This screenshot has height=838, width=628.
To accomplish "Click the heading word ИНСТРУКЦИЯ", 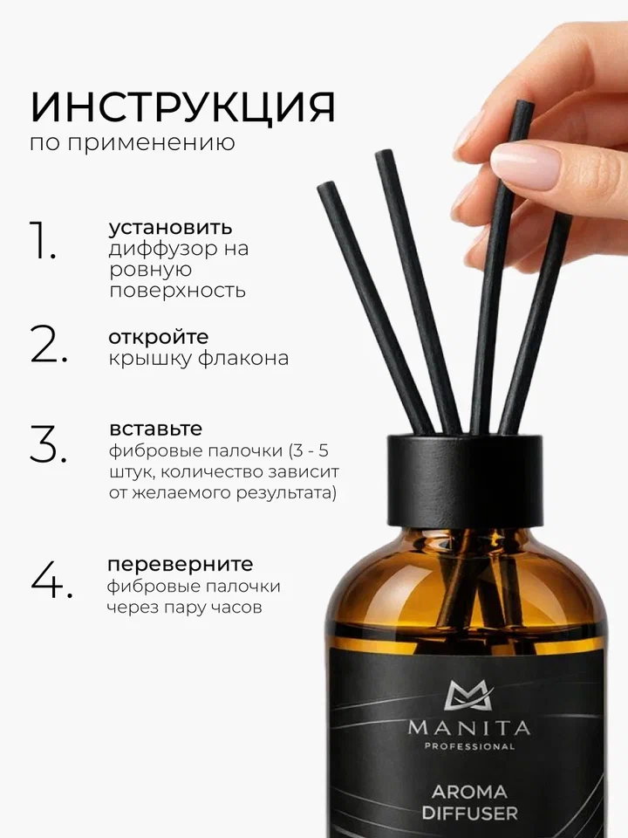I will tap(182, 107).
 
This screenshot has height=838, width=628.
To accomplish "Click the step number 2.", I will tap(49, 344).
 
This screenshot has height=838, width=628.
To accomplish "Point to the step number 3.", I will tap(49, 446).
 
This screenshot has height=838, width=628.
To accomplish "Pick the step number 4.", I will tap(50, 580).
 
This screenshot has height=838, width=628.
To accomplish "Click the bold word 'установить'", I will tap(170, 228).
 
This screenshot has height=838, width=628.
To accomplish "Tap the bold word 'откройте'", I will tap(159, 337).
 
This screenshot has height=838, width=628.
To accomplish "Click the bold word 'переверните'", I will tap(181, 563).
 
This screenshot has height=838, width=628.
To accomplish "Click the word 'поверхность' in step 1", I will tap(177, 291).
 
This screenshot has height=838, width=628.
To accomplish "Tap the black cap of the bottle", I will tap(469, 476).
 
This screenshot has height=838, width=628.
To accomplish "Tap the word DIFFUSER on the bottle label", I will tap(472, 813).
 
